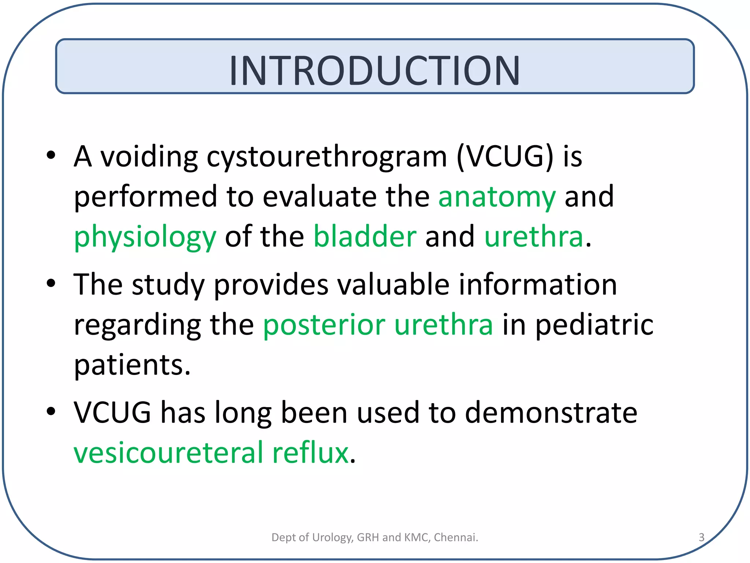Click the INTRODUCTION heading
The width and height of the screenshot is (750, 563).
(x=374, y=70)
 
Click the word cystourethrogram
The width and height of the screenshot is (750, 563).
(x=327, y=157)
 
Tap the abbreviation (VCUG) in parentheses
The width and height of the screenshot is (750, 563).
(x=505, y=157)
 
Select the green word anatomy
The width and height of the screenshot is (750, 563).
(x=497, y=197)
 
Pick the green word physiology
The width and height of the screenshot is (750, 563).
(x=145, y=238)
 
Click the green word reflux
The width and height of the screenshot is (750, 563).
(x=310, y=453)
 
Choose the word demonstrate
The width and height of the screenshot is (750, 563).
(x=551, y=413)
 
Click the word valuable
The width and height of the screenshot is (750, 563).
(x=393, y=285)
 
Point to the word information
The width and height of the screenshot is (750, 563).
(x=538, y=285)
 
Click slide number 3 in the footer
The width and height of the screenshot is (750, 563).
(x=701, y=537)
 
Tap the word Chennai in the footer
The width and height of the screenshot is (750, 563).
(x=456, y=537)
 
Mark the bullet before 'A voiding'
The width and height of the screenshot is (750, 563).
(x=51, y=155)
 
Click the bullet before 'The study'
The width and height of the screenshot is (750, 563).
(x=51, y=283)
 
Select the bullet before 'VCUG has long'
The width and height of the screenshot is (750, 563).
(x=51, y=411)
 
